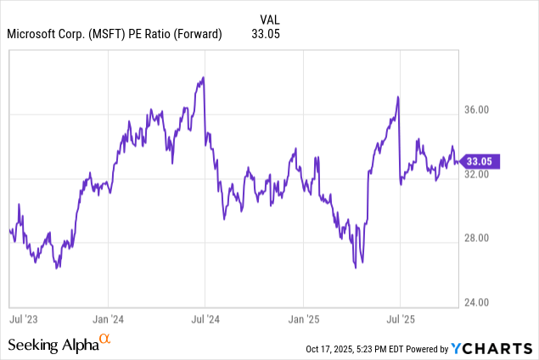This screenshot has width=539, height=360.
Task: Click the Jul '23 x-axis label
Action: (22, 319)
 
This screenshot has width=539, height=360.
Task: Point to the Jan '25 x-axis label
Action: (303, 319)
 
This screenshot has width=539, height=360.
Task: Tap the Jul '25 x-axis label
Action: (400, 319)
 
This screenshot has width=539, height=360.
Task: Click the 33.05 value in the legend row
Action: (266, 34)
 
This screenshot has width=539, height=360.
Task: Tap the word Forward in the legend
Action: (195, 34)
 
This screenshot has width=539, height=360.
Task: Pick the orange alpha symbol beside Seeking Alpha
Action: (105, 340)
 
